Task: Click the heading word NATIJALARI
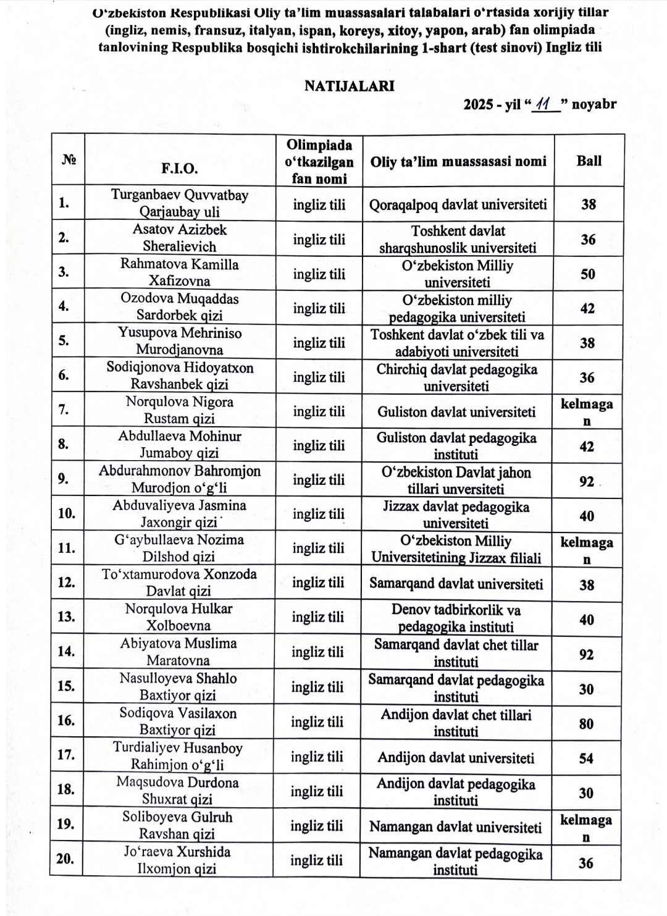pyautogui.click(x=349, y=86)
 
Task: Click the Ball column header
pyautogui.click(x=589, y=161)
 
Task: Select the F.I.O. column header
pyautogui.click(x=179, y=168)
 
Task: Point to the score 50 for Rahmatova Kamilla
pyautogui.click(x=588, y=274)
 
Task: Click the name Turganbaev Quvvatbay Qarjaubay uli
pyautogui.click(x=179, y=203)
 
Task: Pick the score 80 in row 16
pyautogui.click(x=587, y=723)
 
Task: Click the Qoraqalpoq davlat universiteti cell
pyautogui.click(x=458, y=204)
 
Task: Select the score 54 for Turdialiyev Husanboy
pyautogui.click(x=587, y=758)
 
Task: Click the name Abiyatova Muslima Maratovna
pyautogui.click(x=178, y=652)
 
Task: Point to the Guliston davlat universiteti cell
pyautogui.click(x=456, y=411)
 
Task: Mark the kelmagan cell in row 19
pyautogui.click(x=586, y=828)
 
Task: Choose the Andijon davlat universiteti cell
pyautogui.click(x=456, y=758)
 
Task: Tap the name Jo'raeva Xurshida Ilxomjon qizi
pyautogui.click(x=177, y=860)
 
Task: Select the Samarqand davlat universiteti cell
pyautogui.click(x=456, y=584)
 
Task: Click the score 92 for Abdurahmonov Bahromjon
pyautogui.click(x=587, y=481)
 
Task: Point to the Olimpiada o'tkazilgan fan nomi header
pyautogui.click(x=319, y=162)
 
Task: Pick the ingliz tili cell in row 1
pyautogui.click(x=319, y=204)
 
